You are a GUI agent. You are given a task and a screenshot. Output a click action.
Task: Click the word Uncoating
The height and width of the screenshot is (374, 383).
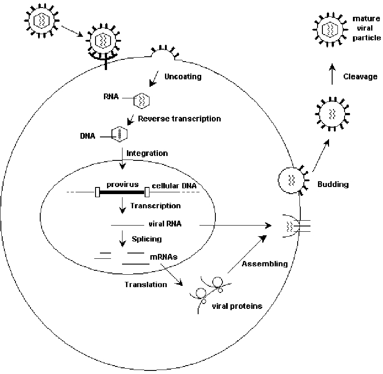tap(183, 77)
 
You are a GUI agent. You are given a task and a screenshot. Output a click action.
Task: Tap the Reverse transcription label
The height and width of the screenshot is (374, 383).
tap(179, 119)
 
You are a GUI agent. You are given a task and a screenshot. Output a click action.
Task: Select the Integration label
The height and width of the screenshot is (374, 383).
tap(147, 153)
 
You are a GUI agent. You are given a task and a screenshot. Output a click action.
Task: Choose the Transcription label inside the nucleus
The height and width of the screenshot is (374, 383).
tap(155, 206)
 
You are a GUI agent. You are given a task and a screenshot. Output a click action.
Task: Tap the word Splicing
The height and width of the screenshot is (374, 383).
tap(146, 239)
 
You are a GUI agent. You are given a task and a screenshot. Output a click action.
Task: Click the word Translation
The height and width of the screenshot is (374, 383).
tap(146, 284)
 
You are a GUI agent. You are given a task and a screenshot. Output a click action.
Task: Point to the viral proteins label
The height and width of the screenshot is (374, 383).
tap(237, 306)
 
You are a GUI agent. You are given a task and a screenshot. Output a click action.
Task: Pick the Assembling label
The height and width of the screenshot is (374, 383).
tap(265, 264)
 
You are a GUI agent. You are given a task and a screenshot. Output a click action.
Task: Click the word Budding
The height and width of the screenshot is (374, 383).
tap(333, 184)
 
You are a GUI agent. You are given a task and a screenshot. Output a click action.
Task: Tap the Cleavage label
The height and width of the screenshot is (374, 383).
tap(360, 77)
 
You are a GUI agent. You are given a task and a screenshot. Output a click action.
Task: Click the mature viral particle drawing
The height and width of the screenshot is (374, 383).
tap(329, 30)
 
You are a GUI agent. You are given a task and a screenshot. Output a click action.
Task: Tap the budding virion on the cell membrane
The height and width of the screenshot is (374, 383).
tap(290, 180)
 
